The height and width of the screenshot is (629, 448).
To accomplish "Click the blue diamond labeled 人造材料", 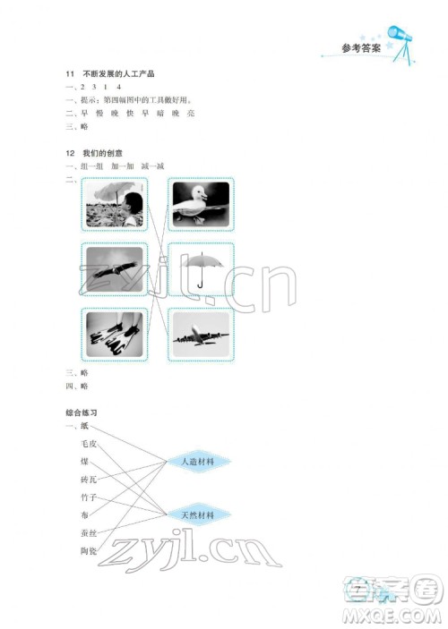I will (197, 462).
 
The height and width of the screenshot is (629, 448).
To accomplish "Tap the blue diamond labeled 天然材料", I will (197, 515).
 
